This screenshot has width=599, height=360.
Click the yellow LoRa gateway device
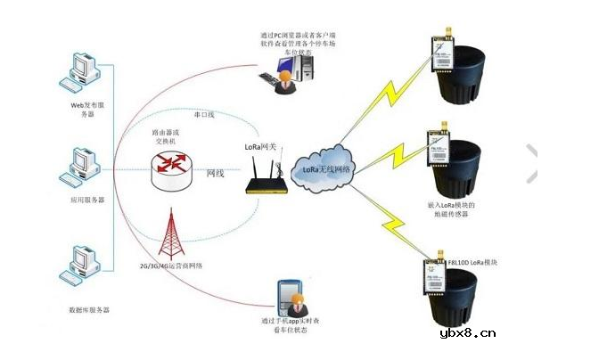coord(265,185)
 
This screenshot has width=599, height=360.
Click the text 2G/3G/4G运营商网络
coord(179,265)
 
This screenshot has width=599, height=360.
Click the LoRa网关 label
coord(261,144)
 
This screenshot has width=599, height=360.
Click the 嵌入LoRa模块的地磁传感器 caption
coord(460,209)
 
